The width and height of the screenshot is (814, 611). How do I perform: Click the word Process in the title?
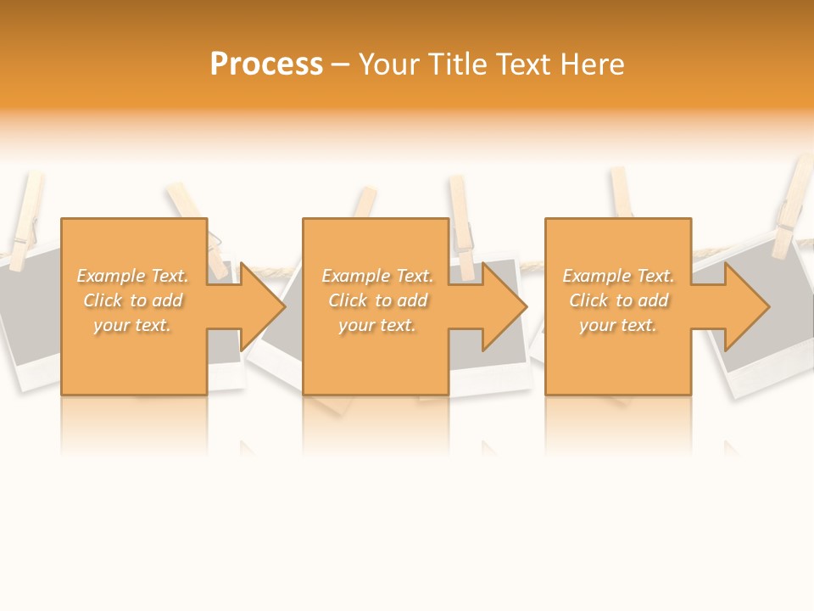266,64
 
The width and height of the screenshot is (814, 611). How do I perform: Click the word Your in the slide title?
388,64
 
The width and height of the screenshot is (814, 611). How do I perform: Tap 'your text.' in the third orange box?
617,325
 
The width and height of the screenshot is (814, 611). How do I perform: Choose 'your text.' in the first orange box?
131,325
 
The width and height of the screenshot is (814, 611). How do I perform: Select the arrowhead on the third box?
746,306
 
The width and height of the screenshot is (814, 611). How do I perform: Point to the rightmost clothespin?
794,208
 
